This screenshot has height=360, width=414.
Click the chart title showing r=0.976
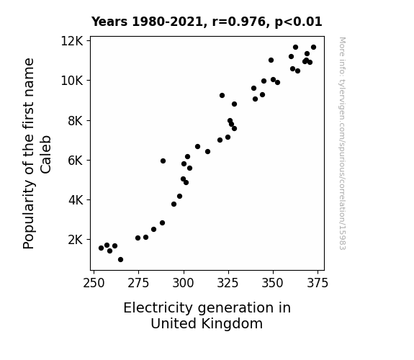(x=207, y=22)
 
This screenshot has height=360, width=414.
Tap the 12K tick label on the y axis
(x=72, y=41)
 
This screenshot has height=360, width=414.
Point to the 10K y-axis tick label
(x=72, y=81)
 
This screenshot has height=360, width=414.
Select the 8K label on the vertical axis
(x=76, y=121)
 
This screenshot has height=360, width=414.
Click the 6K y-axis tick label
(x=76, y=161)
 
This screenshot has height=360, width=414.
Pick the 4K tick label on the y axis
(x=76, y=200)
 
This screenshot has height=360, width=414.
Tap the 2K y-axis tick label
(x=76, y=240)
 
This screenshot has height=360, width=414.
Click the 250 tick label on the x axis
(x=94, y=283)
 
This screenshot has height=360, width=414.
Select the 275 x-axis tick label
(x=138, y=283)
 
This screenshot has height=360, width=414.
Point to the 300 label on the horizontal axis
(x=183, y=283)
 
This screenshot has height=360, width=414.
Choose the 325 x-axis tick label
(x=228, y=283)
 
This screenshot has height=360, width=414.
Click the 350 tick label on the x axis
(x=272, y=283)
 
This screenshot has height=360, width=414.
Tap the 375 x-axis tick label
(x=318, y=283)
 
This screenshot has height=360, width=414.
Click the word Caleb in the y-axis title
(x=46, y=155)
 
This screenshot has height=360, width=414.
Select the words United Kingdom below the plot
(x=207, y=324)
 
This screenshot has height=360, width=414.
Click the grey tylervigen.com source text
(x=342, y=143)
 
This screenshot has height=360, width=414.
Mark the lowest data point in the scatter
(x=120, y=260)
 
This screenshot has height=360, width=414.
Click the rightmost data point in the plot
(x=313, y=48)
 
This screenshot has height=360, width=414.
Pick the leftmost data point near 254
(x=101, y=248)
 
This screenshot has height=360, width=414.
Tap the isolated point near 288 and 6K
(x=163, y=161)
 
